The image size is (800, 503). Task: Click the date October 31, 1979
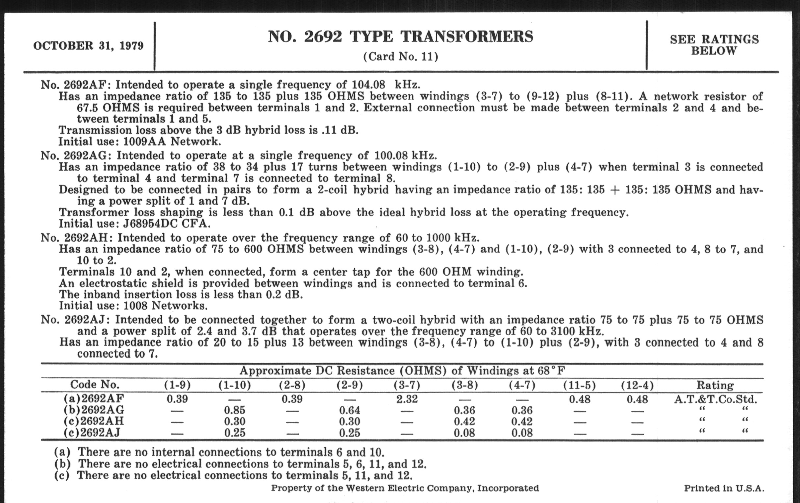click(88, 45)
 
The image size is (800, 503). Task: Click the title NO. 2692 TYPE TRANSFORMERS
click(400, 36)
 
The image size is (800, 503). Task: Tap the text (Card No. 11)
click(400, 57)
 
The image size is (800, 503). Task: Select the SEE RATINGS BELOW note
click(714, 45)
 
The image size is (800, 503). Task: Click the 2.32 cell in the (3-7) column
click(407, 399)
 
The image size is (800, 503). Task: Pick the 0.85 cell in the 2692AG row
click(235, 410)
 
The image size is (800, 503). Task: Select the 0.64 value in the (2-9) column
click(349, 410)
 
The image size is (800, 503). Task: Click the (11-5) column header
click(579, 385)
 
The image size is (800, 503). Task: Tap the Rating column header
click(715, 385)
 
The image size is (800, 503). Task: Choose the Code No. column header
click(95, 384)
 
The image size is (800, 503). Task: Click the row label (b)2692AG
click(94, 410)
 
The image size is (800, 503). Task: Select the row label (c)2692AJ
click(92, 433)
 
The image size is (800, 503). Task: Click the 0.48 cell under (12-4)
click(637, 399)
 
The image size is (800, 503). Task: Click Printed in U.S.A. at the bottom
click(724, 488)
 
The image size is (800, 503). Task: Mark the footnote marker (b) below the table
click(62, 464)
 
